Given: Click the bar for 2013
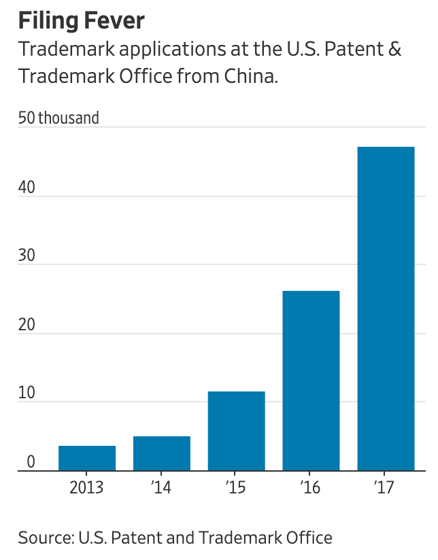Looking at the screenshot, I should coord(87,458).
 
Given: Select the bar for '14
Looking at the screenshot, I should coord(162,453).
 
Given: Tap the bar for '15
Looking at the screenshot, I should coord(236,431).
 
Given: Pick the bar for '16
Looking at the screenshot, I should coord(311,381).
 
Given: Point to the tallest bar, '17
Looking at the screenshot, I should coord(386,309).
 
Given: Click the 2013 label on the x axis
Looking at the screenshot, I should coord(87,489).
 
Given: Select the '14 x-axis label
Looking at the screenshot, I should coord(162,489).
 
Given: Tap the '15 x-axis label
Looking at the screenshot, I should coord(236,489).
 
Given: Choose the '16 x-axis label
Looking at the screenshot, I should coord(311,489).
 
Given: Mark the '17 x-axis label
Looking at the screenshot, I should coord(386,489).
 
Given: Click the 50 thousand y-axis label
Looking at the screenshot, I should coord(58,118).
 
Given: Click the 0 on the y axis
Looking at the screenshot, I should coord(31,462).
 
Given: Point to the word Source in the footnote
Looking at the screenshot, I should coord(44,538).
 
